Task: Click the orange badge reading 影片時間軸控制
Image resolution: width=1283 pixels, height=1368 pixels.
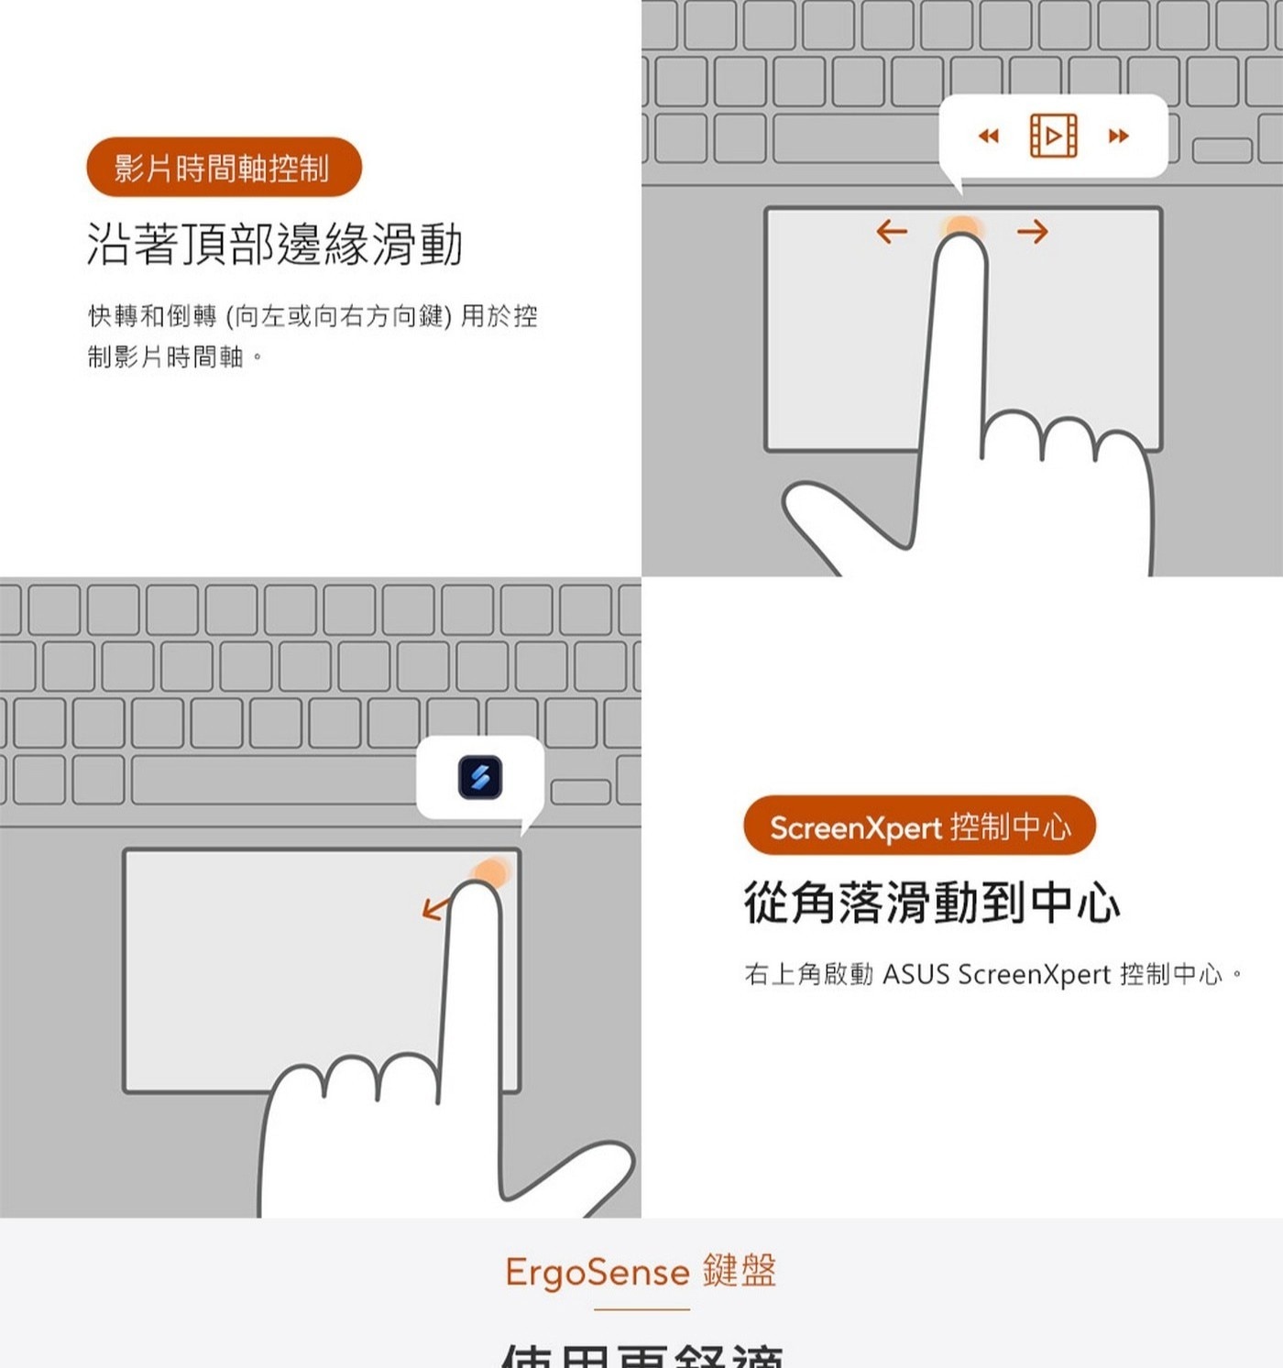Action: (x=224, y=168)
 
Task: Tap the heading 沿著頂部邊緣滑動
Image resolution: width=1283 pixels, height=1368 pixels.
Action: (x=275, y=245)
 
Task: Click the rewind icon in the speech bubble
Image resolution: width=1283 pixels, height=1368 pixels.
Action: (x=988, y=137)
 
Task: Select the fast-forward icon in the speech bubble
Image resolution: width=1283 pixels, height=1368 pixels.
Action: (x=1118, y=137)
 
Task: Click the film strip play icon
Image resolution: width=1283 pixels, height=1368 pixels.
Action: (x=1053, y=137)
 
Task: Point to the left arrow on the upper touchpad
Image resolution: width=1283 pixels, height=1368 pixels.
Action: (x=892, y=231)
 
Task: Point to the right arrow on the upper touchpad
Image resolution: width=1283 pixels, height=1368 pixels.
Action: (x=1032, y=232)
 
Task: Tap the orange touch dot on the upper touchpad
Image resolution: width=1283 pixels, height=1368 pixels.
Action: (x=961, y=226)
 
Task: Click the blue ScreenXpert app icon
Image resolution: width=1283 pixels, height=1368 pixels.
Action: (x=480, y=778)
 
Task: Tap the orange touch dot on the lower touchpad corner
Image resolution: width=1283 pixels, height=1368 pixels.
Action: (x=491, y=871)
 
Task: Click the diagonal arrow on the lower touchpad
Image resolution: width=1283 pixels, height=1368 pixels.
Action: (x=435, y=908)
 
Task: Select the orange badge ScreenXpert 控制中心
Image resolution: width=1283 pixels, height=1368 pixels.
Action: (x=919, y=826)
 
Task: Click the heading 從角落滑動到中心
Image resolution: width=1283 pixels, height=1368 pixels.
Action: (x=931, y=903)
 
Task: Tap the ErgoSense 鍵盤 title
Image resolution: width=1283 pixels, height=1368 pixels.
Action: (x=641, y=1272)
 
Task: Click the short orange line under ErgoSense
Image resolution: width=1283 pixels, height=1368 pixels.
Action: (x=641, y=1309)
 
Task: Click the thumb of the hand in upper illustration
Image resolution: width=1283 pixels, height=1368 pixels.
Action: (x=834, y=522)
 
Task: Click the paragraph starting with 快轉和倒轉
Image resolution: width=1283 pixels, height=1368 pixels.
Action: (x=312, y=335)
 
